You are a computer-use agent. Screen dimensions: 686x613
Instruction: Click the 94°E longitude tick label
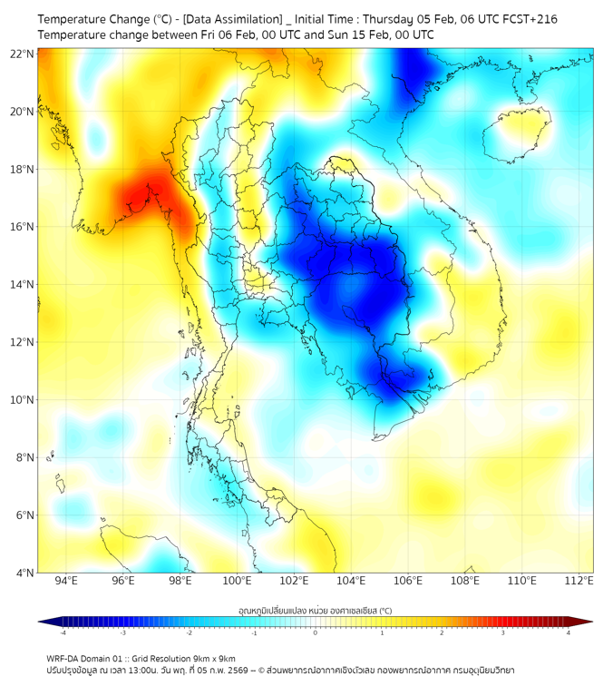pyautogui.click(x=66, y=581)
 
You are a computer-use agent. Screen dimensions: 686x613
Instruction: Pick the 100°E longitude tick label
pyautogui.click(x=238, y=581)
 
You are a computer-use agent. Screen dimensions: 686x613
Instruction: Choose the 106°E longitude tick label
pyautogui.click(x=408, y=581)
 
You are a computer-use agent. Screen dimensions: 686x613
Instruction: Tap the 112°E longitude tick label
pyautogui.click(x=579, y=581)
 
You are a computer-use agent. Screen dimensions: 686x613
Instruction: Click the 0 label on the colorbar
pyautogui.click(x=315, y=632)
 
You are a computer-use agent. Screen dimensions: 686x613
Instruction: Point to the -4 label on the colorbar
pyautogui.click(x=62, y=632)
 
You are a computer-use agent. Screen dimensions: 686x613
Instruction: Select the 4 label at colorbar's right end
pyautogui.click(x=568, y=632)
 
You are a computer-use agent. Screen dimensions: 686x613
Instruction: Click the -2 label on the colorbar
pyautogui.click(x=188, y=632)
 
